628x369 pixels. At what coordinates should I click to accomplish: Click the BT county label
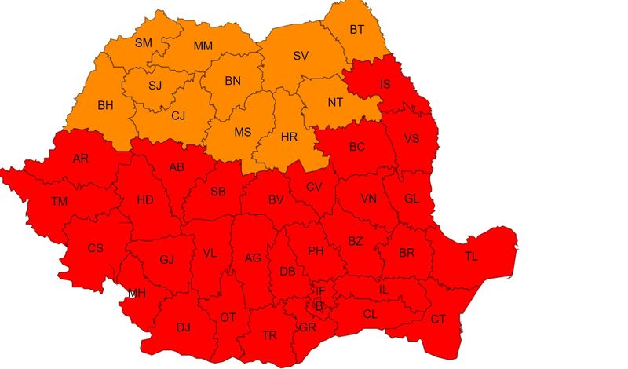[357, 30]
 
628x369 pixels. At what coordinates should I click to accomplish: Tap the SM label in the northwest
[144, 42]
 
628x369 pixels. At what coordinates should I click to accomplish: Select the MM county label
[203, 46]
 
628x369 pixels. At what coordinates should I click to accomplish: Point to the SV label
[301, 56]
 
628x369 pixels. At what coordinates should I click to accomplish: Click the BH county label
[105, 104]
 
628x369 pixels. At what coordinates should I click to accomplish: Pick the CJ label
[178, 116]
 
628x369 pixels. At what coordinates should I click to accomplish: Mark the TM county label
[60, 202]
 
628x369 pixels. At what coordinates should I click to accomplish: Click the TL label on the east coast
[471, 256]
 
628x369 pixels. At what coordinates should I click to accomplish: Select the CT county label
[438, 319]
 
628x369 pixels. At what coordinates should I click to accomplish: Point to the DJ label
[183, 327]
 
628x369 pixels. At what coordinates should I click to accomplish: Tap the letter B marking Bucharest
[319, 306]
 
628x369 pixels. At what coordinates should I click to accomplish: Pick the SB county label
[219, 191]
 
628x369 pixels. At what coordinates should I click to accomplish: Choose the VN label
[369, 199]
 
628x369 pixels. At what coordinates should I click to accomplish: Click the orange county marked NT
[335, 102]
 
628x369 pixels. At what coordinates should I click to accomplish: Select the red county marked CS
[95, 248]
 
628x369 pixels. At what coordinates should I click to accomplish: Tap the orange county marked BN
[232, 81]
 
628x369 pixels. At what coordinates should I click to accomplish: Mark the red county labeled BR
[407, 253]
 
